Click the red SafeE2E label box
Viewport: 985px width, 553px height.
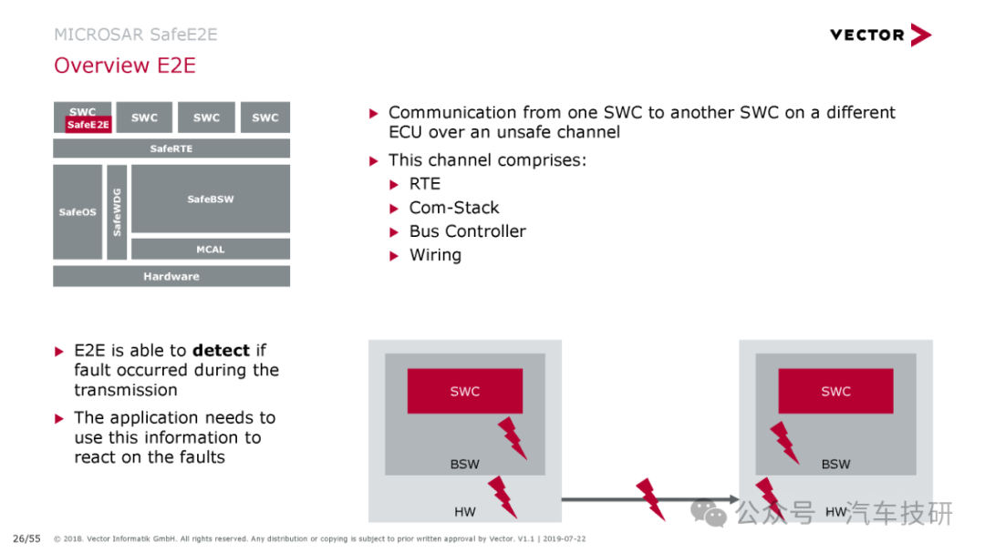(88, 125)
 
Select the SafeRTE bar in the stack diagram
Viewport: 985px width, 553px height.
(171, 148)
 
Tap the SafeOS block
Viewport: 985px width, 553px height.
(78, 212)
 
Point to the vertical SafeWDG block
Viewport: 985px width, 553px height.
(117, 212)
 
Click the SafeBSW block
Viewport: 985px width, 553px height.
(211, 199)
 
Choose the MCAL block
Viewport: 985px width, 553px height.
(211, 250)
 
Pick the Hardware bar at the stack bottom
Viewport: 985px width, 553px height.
(171, 276)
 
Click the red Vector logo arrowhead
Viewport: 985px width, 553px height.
(921, 36)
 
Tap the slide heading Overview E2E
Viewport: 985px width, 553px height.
(125, 66)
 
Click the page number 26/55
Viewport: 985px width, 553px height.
(26, 538)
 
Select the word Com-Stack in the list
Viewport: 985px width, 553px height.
(454, 208)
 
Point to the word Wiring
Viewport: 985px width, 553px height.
(435, 255)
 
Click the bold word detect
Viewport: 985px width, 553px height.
(221, 350)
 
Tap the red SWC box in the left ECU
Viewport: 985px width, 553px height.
(465, 391)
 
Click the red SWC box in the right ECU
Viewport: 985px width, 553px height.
(835, 391)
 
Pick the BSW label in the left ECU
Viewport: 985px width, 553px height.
(465, 465)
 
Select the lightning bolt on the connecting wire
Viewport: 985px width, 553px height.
(650, 499)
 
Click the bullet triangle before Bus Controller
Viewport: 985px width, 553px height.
(394, 232)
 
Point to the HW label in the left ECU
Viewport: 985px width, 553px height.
(465, 512)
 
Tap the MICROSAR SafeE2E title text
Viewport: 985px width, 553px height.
(136, 35)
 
